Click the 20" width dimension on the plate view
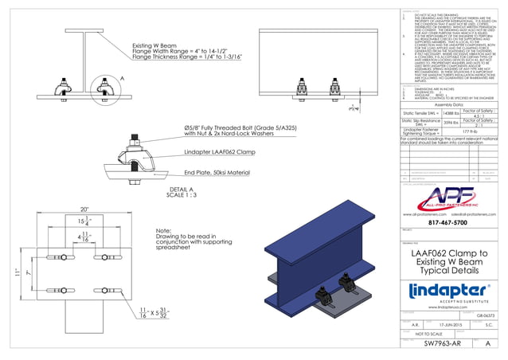pos(72,209)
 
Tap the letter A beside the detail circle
pos(122,78)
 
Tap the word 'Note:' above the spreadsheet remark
pos(164,231)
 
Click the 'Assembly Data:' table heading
pos(449,104)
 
